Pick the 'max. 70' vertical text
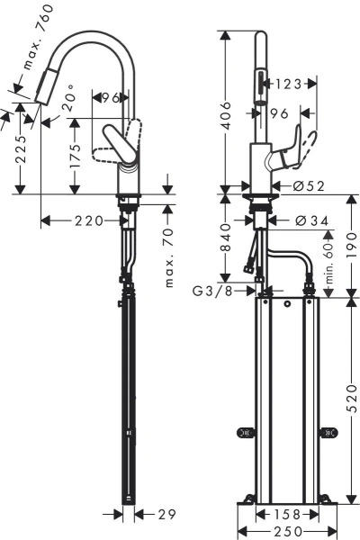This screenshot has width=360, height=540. click(169, 256)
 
